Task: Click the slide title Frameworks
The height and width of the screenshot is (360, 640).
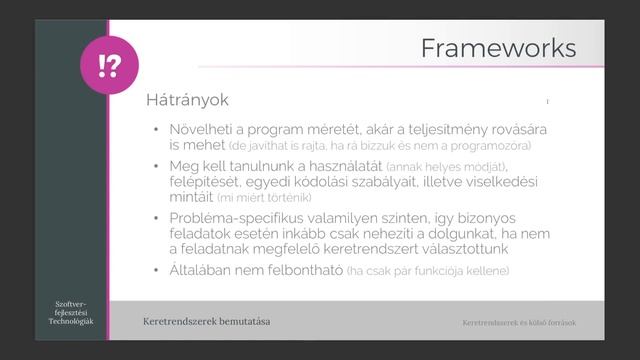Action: pyautogui.click(x=497, y=48)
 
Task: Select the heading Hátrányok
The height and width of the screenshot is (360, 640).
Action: pyautogui.click(x=188, y=101)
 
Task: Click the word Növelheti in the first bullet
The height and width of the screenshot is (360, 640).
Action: pyautogui.click(x=203, y=130)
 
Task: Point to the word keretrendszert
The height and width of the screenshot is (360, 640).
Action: pyautogui.click(x=375, y=251)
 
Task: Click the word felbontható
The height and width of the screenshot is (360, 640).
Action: pyautogui.click(x=334, y=271)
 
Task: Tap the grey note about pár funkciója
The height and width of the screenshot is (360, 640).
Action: pyautogui.click(x=439, y=272)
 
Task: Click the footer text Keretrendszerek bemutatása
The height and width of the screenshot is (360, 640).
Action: pyautogui.click(x=207, y=322)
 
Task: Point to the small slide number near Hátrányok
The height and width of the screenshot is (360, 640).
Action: pyautogui.click(x=548, y=101)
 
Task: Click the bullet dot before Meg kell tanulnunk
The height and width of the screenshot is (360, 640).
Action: pyautogui.click(x=156, y=165)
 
